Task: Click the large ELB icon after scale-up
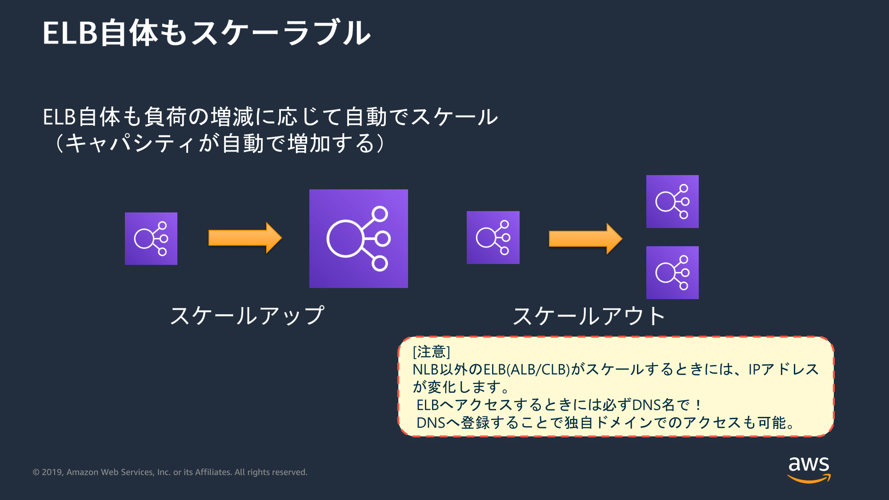[358, 239]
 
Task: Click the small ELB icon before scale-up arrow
[151, 239]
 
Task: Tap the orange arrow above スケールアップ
[245, 238]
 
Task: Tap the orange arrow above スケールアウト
[585, 239]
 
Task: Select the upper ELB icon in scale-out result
[672, 202]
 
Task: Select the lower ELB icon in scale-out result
[672, 272]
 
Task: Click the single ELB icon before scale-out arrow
[493, 238]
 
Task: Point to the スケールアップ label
[247, 316]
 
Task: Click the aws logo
[809, 468]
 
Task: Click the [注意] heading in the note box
[431, 352]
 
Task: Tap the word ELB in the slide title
[70, 33]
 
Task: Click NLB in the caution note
[425, 370]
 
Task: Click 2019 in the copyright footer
[52, 472]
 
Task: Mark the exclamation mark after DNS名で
[698, 405]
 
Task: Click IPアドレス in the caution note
[783, 370]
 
